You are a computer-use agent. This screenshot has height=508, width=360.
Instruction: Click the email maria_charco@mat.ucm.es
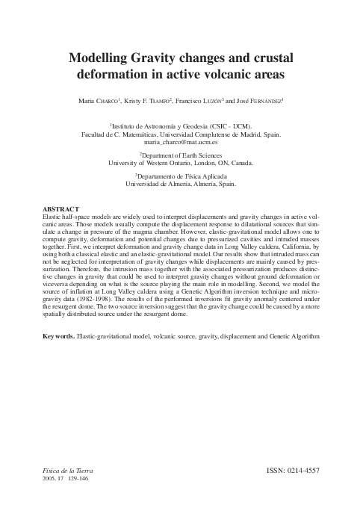[180, 141]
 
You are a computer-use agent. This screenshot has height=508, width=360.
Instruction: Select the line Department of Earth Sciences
[181, 155]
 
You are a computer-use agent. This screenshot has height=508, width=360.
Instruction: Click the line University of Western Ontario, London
[181, 162]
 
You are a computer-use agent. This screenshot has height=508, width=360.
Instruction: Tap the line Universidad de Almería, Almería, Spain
[181, 183]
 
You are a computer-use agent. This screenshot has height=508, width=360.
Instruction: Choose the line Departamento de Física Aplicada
[181, 176]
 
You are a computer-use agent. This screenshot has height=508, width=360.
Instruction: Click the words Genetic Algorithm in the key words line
[294, 337]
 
